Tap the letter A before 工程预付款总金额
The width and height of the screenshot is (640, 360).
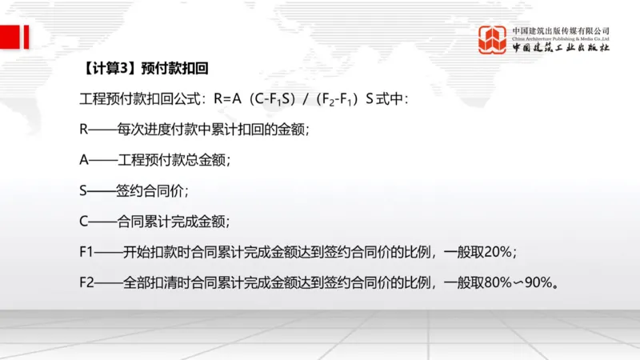pos(85,159)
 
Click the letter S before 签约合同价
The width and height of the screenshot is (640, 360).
pos(85,190)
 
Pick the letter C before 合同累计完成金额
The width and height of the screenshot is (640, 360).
pos(85,221)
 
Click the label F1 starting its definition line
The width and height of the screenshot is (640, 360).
pos(87,251)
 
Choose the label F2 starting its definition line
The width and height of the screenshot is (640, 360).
pos(87,282)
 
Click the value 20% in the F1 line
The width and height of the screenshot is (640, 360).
pos(498,251)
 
